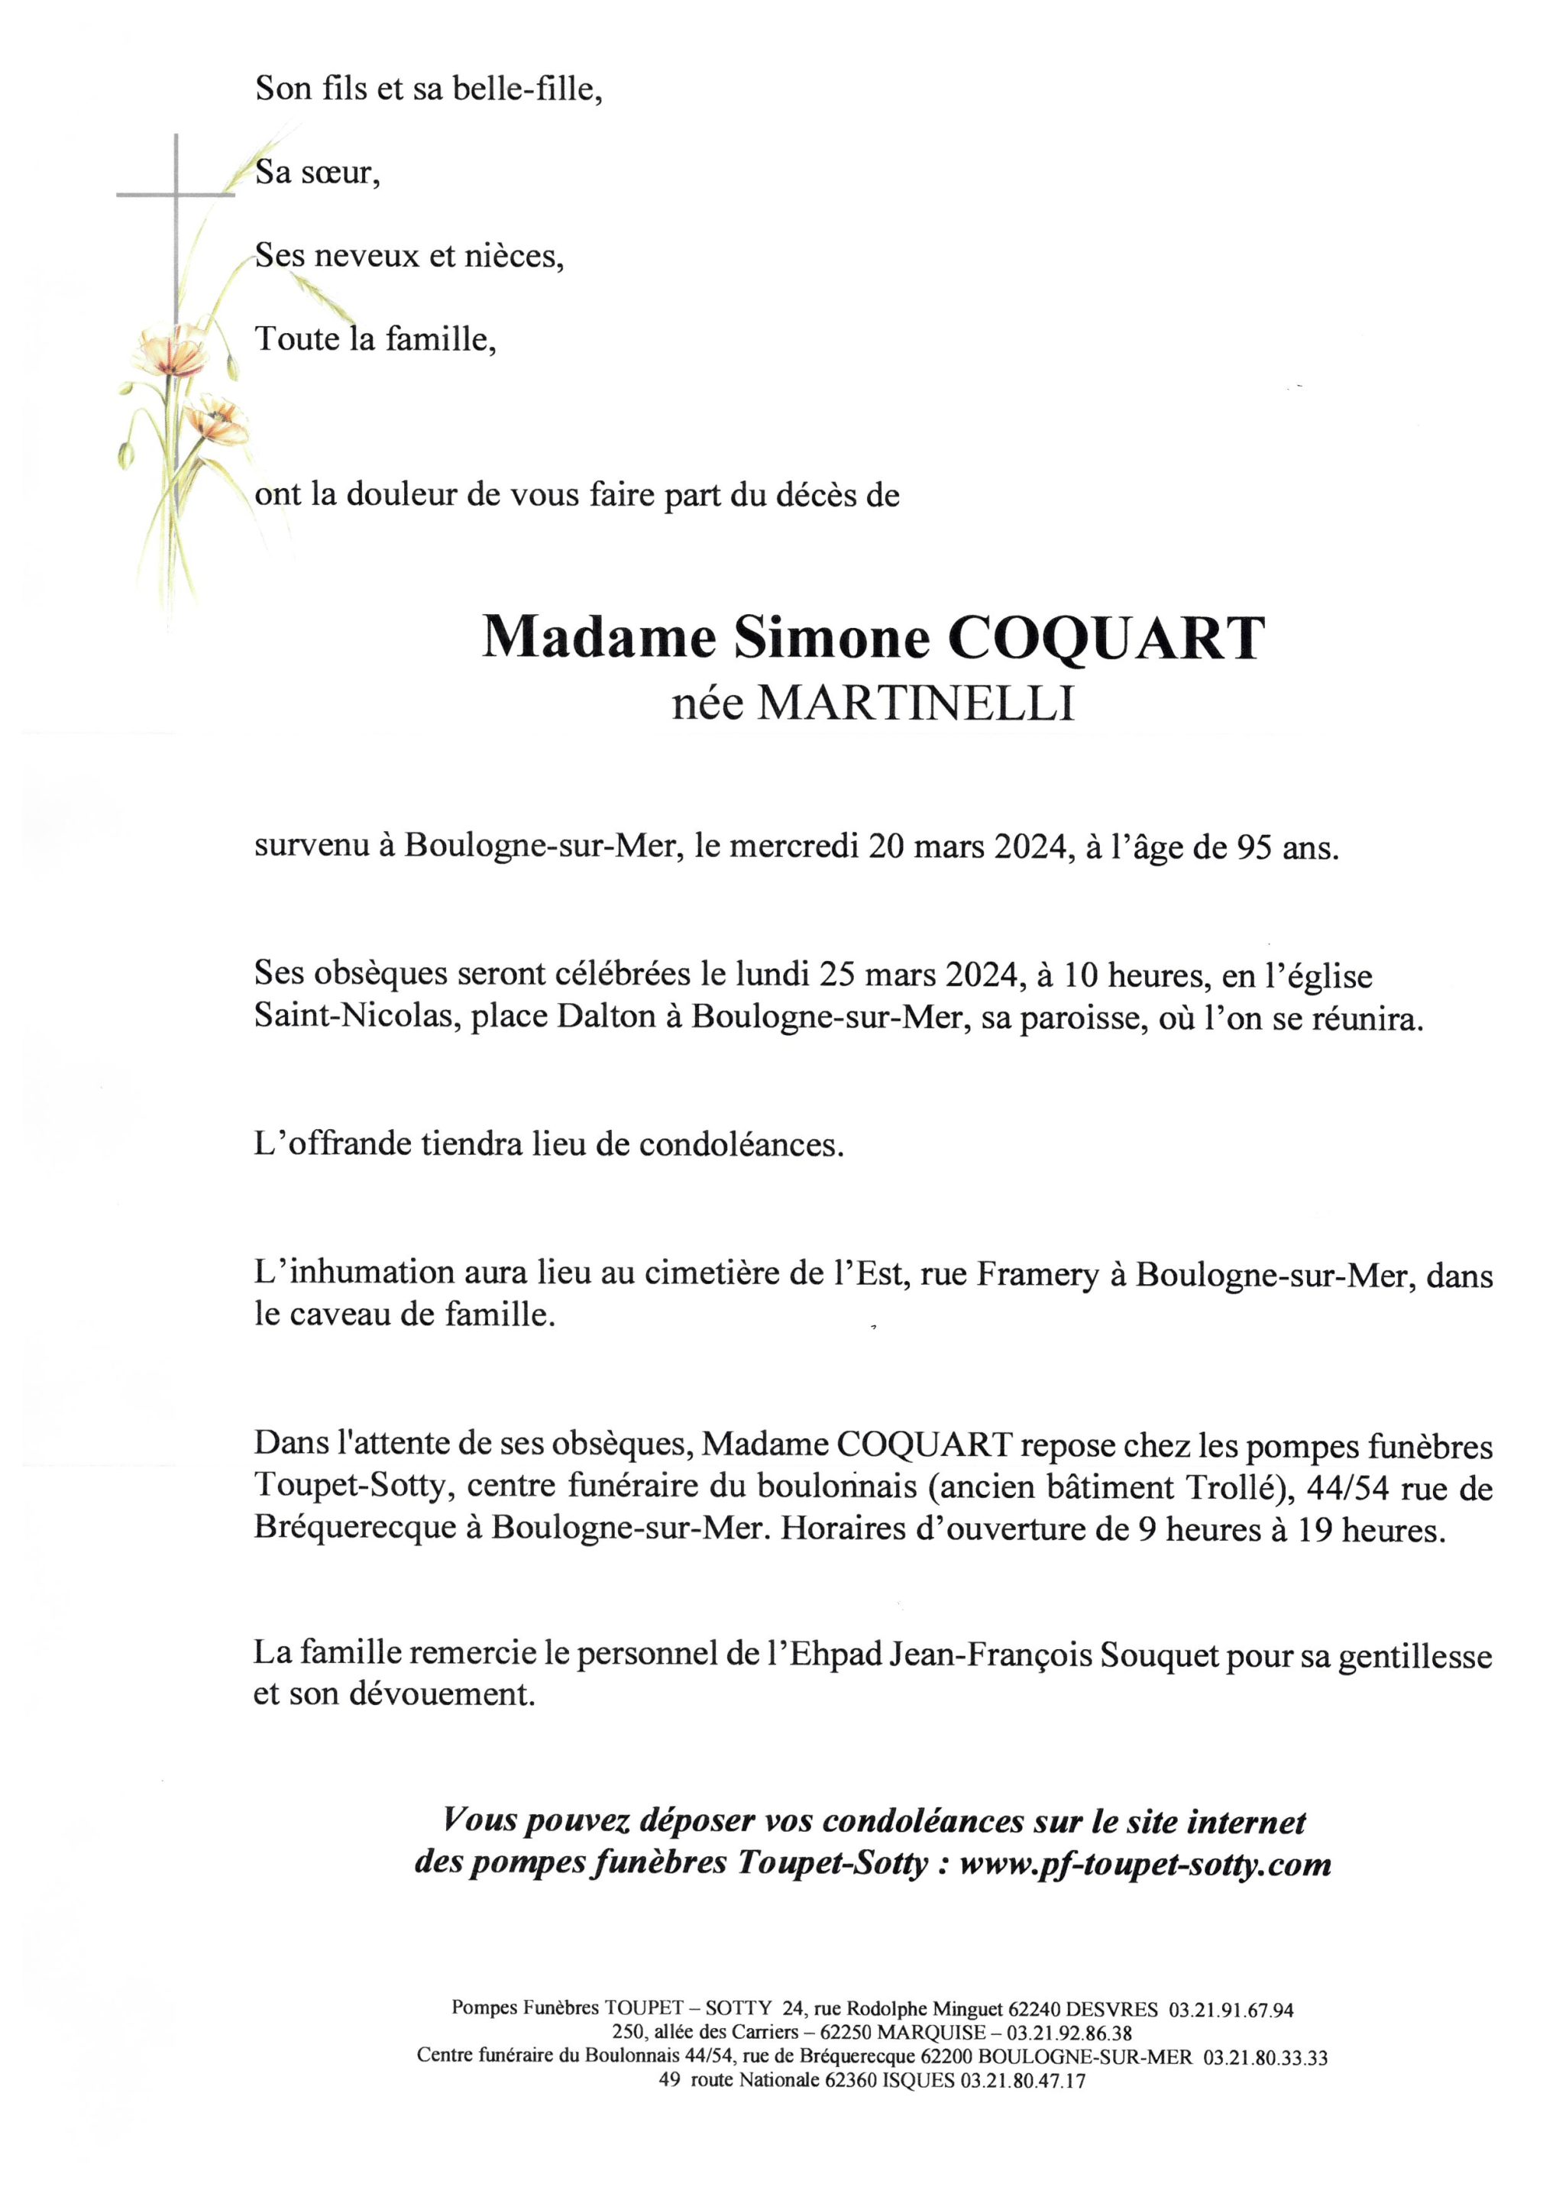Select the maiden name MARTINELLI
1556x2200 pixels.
(x=915, y=704)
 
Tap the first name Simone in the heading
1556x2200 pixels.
(x=832, y=638)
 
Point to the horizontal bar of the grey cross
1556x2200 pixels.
(x=176, y=196)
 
